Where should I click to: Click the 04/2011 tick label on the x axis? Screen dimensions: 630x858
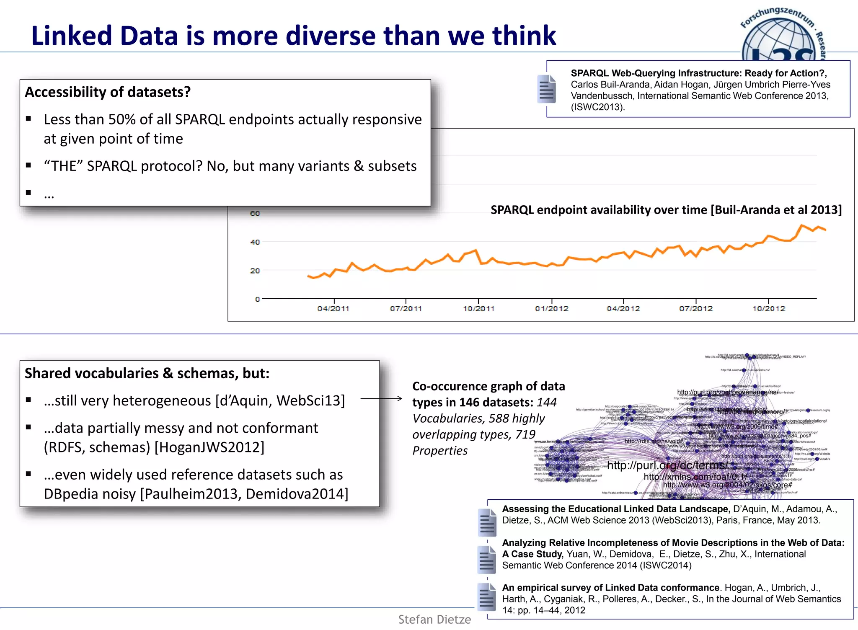point(333,309)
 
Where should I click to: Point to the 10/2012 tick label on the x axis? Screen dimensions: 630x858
point(768,309)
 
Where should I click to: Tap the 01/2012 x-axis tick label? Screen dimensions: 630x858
point(551,309)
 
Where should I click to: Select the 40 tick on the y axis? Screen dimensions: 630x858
point(255,242)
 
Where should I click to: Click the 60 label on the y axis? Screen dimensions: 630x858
point(255,214)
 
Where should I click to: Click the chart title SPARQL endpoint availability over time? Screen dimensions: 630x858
point(666,210)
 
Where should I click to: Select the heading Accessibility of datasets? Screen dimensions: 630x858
point(108,92)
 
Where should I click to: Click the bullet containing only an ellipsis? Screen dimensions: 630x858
point(49,194)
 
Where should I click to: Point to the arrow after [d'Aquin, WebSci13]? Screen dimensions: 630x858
point(381,399)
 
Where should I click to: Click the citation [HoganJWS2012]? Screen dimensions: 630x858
point(209,447)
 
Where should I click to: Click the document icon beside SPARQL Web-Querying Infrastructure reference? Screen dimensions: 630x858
point(546,89)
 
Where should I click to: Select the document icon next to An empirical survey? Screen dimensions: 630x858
point(487,596)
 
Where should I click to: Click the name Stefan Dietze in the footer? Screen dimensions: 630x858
point(434,620)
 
